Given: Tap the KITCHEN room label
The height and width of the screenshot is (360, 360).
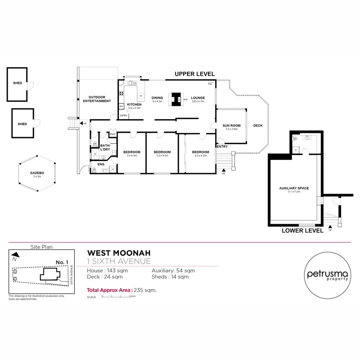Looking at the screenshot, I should coord(134,105).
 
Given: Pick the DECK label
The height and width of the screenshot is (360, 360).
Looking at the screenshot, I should coord(258,126).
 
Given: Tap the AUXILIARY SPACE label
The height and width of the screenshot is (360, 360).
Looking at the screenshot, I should coord(294,188).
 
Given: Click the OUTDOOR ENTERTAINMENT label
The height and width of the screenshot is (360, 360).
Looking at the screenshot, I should coord(97,99).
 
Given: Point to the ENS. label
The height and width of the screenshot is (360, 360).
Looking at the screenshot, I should coord(101,164).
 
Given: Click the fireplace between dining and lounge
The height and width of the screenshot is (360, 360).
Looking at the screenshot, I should coord(176,99).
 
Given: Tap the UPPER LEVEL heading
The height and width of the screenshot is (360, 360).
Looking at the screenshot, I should coord(194,74).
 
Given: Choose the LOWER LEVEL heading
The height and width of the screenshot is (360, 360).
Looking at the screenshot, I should coord(302,231).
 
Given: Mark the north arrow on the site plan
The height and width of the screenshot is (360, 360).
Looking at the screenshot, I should coord(15,254).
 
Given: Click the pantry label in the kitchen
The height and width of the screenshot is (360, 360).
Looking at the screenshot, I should coord(123,115).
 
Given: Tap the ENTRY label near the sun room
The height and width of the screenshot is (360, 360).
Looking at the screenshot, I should coord(222,146).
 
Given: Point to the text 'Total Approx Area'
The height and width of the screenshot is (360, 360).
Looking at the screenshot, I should coord(109,290).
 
